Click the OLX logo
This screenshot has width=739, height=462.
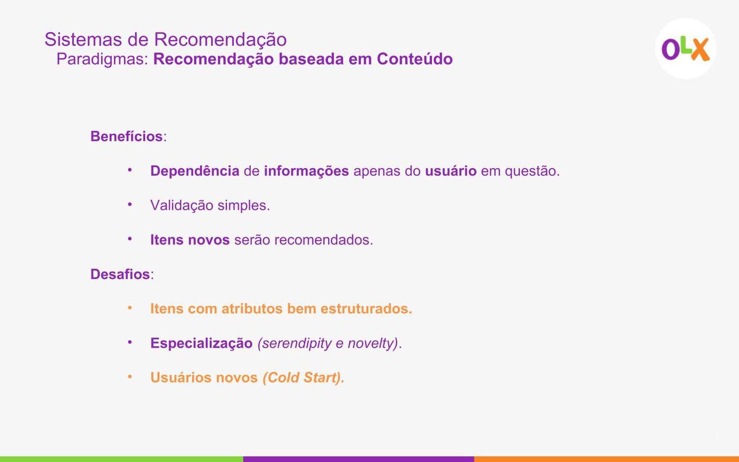click(x=686, y=49)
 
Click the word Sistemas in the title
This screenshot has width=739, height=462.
click(x=83, y=39)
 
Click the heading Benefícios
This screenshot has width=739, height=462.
click(x=127, y=136)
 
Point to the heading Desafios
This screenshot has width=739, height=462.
click(x=120, y=274)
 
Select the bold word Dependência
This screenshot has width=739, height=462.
click(x=195, y=171)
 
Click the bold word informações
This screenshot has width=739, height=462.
click(x=306, y=171)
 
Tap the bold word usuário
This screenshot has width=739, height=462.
click(x=450, y=171)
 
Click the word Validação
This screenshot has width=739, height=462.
click(x=182, y=205)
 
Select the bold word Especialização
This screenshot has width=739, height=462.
click(x=201, y=343)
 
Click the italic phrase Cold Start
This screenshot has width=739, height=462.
click(x=303, y=378)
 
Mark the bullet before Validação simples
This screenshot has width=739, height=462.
click(x=130, y=204)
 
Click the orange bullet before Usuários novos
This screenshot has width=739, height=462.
click(x=130, y=377)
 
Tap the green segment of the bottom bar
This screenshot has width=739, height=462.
click(x=122, y=459)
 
